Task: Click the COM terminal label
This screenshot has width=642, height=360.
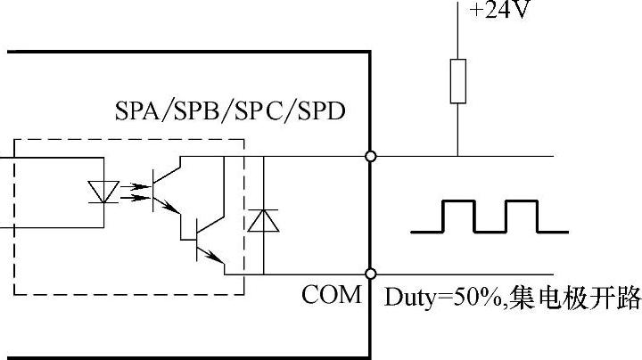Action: click(332, 294)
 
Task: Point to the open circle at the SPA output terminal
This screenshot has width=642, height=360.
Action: click(370, 157)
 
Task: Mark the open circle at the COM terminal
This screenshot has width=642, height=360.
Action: click(370, 274)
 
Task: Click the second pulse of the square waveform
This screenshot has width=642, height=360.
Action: click(522, 216)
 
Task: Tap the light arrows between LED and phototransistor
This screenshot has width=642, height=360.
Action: click(131, 189)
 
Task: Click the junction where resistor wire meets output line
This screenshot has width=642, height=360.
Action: click(458, 157)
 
